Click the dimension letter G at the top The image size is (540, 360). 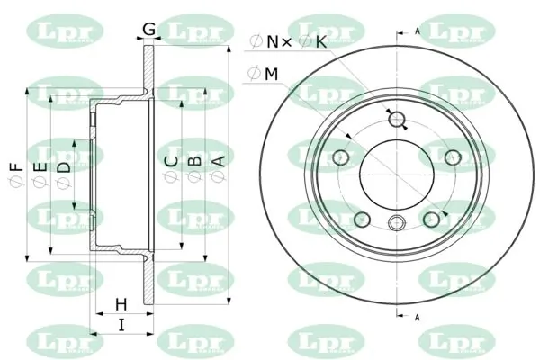[x=149, y=29]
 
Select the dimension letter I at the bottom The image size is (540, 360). [x=121, y=325]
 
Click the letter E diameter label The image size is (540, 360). [x=40, y=167]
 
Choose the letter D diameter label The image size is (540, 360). [x=64, y=167]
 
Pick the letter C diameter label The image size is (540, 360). [x=171, y=161]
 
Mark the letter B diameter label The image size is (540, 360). [x=194, y=161]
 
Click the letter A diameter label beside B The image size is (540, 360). [x=219, y=161]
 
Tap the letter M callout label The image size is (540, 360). [x=272, y=74]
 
